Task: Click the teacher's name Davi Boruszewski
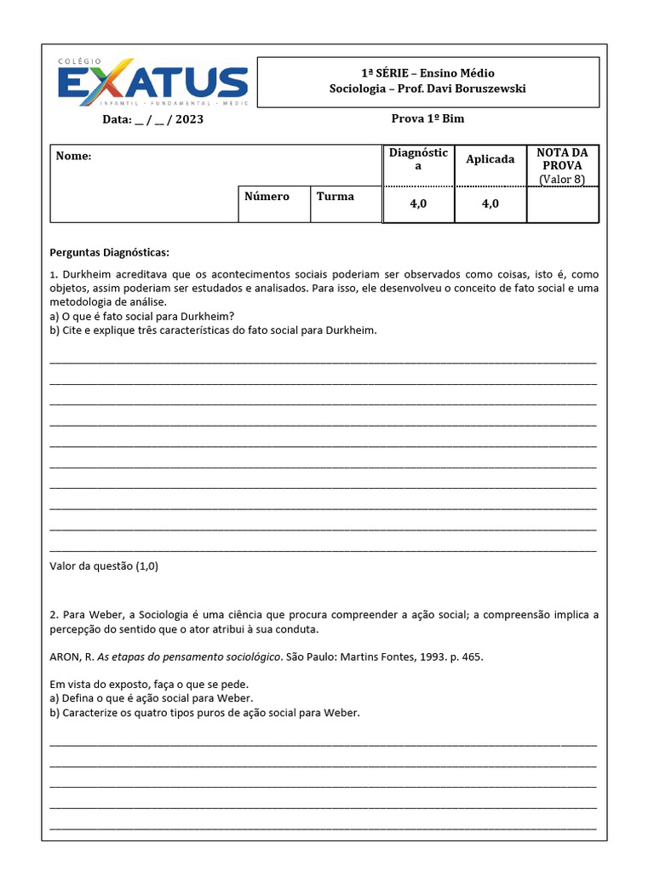(473, 89)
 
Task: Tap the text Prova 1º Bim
(427, 118)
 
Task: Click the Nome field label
(73, 157)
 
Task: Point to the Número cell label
(267, 196)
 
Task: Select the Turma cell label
(335, 196)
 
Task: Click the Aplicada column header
(490, 159)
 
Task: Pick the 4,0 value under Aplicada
(490, 204)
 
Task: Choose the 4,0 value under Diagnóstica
(418, 204)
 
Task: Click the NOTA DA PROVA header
(562, 158)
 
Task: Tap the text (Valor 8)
(562, 179)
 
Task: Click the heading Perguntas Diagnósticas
(109, 253)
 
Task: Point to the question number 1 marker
(52, 275)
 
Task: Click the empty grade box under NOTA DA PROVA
(562, 205)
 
